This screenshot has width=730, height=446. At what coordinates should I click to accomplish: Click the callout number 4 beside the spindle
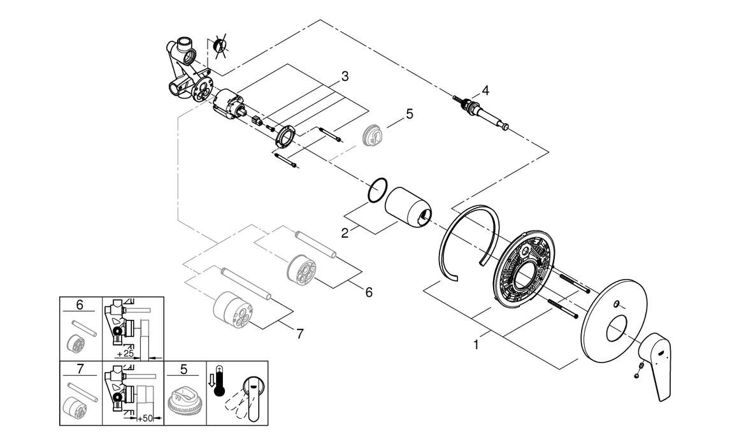click(485, 90)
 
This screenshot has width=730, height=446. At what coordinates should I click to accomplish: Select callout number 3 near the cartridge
click(345, 76)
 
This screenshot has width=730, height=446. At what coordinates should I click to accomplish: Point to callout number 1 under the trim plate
click(475, 345)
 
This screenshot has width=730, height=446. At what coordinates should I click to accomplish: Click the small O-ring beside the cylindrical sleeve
click(378, 189)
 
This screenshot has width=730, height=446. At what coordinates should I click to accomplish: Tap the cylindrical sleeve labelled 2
click(408, 208)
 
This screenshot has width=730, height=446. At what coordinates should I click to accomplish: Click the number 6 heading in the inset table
click(80, 305)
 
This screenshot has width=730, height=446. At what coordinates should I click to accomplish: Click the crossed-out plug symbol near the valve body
click(220, 46)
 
